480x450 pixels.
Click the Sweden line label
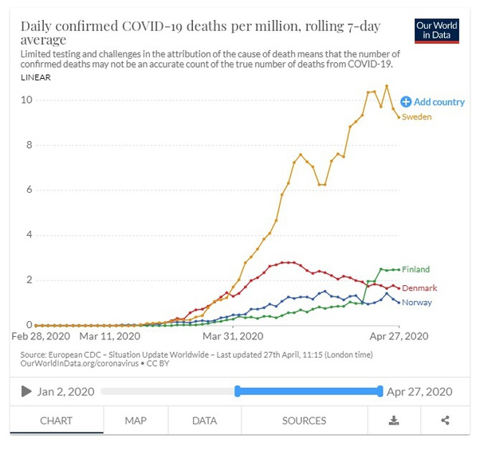(416, 117)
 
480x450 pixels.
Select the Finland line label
(416, 269)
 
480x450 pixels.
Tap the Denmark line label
(419, 288)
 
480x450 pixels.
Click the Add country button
(432, 102)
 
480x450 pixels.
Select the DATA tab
(205, 421)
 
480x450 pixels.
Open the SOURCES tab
(304, 421)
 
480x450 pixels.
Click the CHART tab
(56, 421)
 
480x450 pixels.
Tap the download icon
(394, 421)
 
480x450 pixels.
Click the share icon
(445, 421)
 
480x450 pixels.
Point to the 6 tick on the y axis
(29, 190)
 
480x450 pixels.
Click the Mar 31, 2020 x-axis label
(233, 337)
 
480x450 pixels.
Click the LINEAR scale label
(37, 77)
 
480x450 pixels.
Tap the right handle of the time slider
(380, 391)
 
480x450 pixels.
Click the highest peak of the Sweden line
(387, 86)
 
